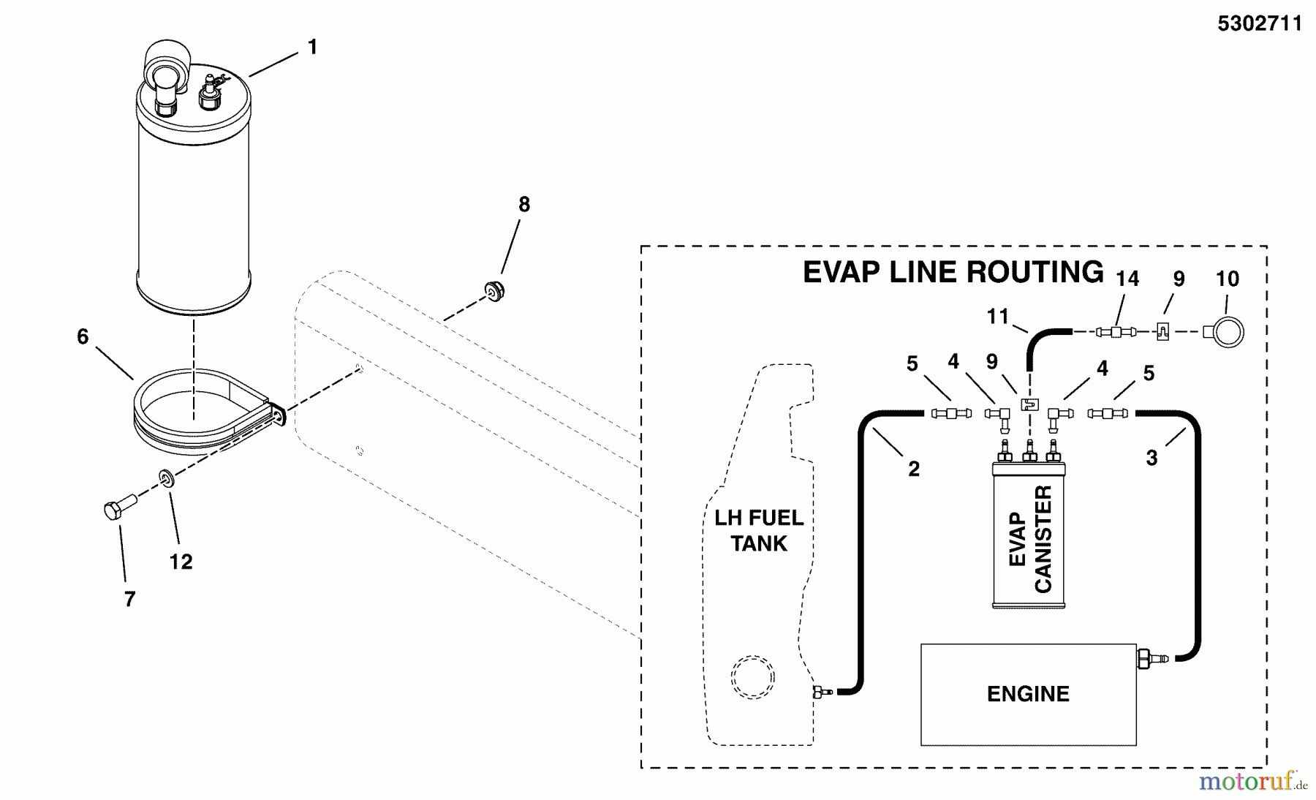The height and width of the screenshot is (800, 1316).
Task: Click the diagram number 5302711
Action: pyautogui.click(x=1259, y=24)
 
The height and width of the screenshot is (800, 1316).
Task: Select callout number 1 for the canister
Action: pyautogui.click(x=312, y=48)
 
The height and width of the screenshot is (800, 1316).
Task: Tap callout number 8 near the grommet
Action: pyautogui.click(x=523, y=205)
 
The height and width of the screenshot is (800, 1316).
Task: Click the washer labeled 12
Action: pyautogui.click(x=167, y=478)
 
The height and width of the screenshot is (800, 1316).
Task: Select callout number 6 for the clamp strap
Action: pyautogui.click(x=83, y=337)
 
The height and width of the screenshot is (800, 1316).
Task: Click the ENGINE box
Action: pyautogui.click(x=1027, y=694)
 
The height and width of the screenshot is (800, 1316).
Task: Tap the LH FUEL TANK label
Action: pyautogui.click(x=759, y=531)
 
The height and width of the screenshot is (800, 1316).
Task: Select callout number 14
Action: pyautogui.click(x=1127, y=279)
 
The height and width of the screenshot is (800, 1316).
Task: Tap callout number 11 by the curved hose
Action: pyautogui.click(x=997, y=317)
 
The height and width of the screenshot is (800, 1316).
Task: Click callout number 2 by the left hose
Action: pyautogui.click(x=913, y=469)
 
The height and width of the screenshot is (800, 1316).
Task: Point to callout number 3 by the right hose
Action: pyautogui.click(x=1151, y=459)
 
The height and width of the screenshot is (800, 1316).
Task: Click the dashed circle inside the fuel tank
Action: pyautogui.click(x=752, y=678)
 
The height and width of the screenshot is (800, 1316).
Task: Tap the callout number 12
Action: pyautogui.click(x=181, y=562)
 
